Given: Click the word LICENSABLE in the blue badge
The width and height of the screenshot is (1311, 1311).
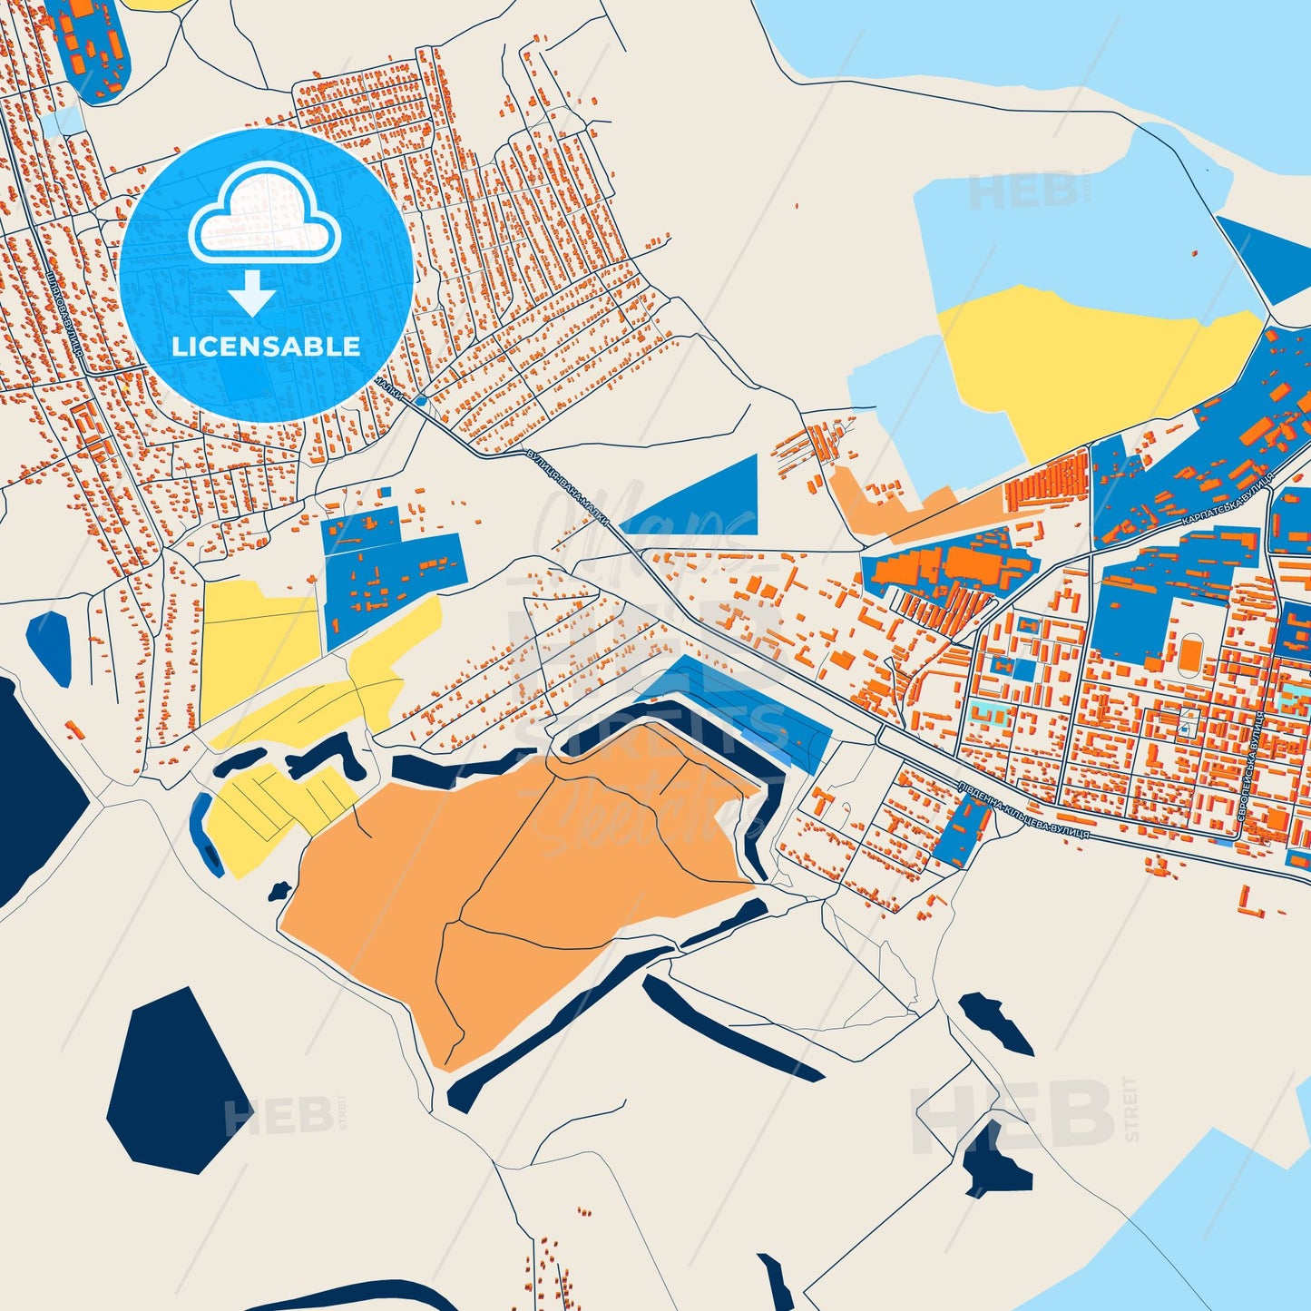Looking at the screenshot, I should (x=266, y=346).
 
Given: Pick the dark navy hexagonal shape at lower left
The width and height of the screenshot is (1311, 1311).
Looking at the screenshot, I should (x=177, y=1080).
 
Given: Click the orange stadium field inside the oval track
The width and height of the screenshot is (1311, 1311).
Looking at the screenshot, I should (x=1189, y=652).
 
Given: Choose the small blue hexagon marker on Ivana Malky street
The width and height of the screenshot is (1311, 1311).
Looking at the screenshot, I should (x=420, y=400).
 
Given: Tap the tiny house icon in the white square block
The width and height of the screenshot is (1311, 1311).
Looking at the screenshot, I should (x=1186, y=727).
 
